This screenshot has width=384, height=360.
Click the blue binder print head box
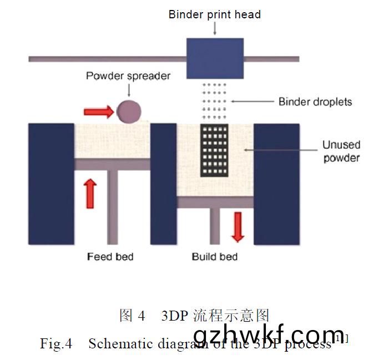(215, 58)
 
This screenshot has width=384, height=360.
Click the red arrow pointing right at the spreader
(99, 112)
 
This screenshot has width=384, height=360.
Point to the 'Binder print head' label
(214, 15)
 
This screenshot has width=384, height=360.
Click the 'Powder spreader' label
(128, 76)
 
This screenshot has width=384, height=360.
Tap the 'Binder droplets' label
(315, 102)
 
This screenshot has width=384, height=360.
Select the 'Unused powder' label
(341, 151)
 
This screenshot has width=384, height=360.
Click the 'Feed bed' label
(110, 257)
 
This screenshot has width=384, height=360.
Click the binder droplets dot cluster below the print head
(214, 102)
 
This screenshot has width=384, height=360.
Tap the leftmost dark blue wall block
(51, 183)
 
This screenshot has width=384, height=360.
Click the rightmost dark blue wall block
(276, 183)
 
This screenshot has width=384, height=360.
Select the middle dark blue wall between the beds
(163, 183)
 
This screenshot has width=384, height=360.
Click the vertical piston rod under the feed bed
(112, 206)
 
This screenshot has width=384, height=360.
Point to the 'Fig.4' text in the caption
(56, 343)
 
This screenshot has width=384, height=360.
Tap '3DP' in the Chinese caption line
(174, 316)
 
